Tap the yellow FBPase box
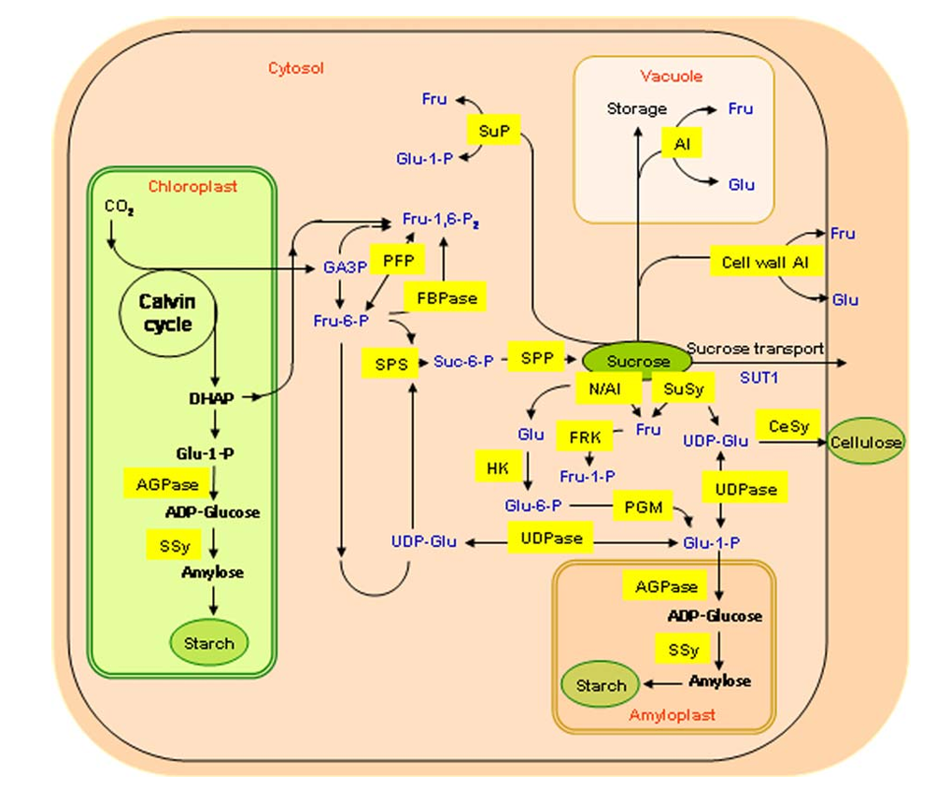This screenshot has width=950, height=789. tap(447, 298)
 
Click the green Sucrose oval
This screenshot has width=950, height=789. tap(638, 361)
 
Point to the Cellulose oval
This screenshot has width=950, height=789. tap(866, 443)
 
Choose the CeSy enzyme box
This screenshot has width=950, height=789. tap(787, 426)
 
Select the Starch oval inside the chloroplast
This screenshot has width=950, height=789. tap(208, 643)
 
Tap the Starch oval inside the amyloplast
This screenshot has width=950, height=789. tap(600, 685)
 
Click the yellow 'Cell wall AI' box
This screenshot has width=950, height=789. tap(765, 263)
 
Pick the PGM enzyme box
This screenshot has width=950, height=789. tap(643, 508)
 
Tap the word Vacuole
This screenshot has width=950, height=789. tap(671, 76)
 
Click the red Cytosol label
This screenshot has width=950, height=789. tap(295, 68)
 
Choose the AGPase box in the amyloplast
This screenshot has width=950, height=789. tap(666, 587)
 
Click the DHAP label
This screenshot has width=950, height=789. tap(210, 397)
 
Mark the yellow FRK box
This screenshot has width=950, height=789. tap(584, 436)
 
